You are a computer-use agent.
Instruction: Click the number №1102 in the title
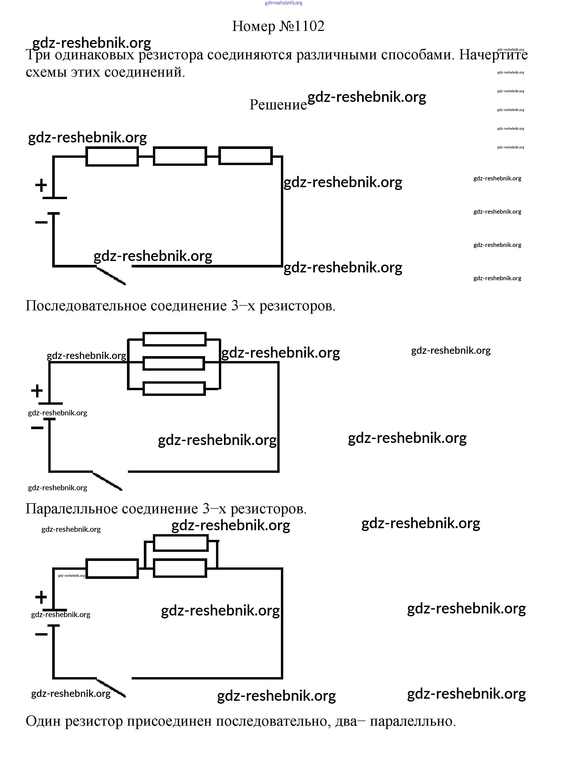(x=301, y=26)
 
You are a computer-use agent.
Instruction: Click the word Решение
(x=278, y=105)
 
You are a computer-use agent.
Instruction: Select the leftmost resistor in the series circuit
(x=112, y=156)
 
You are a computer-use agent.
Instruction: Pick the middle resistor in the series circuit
(x=180, y=156)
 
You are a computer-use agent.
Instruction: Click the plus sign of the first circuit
(x=41, y=186)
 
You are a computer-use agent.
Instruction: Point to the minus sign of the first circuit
(x=41, y=222)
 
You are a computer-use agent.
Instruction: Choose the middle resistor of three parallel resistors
(x=173, y=363)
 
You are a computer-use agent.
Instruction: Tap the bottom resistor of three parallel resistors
(x=174, y=389)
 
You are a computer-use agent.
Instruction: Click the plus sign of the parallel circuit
(x=37, y=391)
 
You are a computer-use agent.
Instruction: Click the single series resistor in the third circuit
(x=112, y=569)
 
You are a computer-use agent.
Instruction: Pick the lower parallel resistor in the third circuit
(x=180, y=568)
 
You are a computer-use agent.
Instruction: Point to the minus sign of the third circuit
(x=41, y=634)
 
